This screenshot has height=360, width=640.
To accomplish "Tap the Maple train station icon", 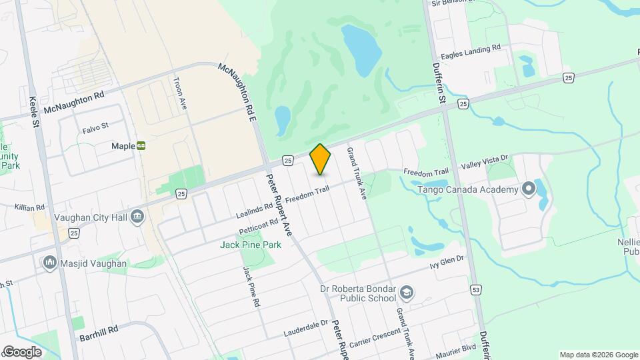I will pos(141,146).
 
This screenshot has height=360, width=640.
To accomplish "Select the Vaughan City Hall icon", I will pos(137,216).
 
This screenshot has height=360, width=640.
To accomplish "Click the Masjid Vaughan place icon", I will pos(50,263).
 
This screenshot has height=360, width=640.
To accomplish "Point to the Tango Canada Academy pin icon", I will pos(529,189).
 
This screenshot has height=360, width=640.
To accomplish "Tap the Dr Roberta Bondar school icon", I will pos(407,292).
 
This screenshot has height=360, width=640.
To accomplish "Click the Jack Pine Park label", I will pos(251,245).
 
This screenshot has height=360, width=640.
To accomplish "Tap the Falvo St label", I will pos(95,126).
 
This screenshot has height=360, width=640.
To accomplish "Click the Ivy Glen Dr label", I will pos(447,261).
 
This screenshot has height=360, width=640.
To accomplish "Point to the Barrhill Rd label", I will pos(98,329).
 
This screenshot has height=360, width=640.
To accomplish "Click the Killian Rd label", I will pos(29,208).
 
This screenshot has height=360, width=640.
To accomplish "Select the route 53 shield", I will pos(476,289).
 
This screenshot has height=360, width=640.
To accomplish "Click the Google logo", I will pos(22,352).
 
